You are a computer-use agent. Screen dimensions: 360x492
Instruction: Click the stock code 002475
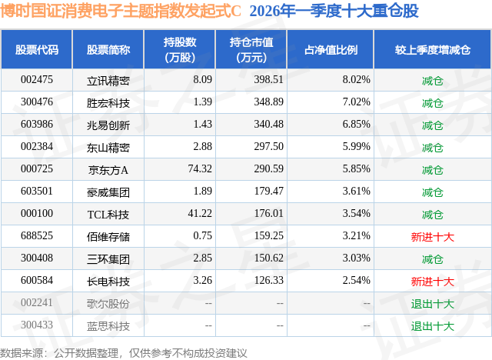click(37, 79)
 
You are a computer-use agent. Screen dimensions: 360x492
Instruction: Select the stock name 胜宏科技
click(108, 102)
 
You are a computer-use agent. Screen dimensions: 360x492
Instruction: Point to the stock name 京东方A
click(108, 169)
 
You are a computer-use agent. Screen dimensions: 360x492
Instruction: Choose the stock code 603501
click(37, 192)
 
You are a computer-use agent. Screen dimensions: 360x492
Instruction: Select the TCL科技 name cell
click(108, 214)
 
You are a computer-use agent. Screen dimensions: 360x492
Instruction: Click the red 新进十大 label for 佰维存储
click(433, 237)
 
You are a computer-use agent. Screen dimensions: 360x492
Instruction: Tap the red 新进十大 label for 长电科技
click(433, 282)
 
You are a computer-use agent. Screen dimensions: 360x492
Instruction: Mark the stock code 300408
click(37, 259)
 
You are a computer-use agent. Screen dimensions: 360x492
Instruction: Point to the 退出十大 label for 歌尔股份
click(433, 304)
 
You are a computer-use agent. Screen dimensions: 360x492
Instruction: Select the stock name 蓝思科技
click(108, 326)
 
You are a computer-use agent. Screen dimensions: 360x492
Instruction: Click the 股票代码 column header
click(37, 50)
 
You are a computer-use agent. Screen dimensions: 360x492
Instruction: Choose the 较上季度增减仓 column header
click(433, 50)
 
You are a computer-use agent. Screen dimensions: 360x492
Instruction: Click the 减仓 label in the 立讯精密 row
click(433, 80)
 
